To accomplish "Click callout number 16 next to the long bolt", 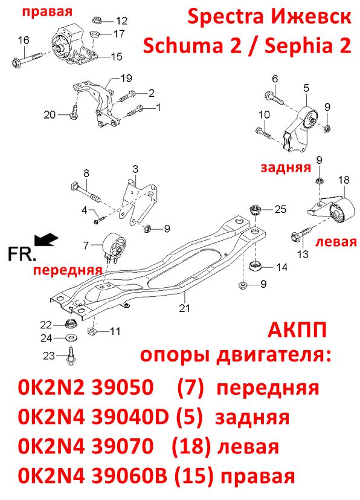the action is [24, 41].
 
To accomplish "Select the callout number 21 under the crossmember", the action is [184, 308].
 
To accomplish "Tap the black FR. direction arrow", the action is [46, 239].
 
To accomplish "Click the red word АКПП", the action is [297, 330].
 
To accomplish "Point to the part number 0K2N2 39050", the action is [86, 388].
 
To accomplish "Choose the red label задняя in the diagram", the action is [286, 167].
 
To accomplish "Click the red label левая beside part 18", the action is [336, 242].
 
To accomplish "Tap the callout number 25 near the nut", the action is [280, 209].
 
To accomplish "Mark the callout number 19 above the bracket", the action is [126, 78].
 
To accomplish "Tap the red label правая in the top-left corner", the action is [47, 12].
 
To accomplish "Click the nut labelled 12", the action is [97, 20].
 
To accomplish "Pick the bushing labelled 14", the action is [256, 265].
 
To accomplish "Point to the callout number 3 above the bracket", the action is [136, 169].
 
